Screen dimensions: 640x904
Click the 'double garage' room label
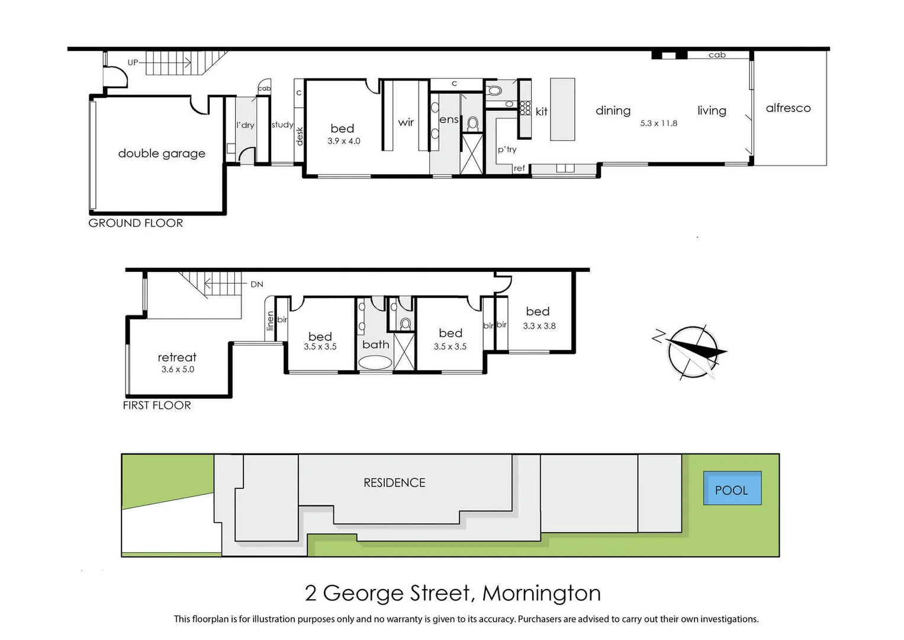pos(162,153)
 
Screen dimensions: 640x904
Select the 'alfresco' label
pos(788,108)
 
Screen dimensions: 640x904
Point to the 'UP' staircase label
pos(133,62)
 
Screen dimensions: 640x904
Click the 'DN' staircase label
pos(256,284)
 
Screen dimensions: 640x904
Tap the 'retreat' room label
pos(177,357)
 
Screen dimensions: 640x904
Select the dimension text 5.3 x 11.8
pos(658,123)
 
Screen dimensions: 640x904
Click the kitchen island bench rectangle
pos(562,110)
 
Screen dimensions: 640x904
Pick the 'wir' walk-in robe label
pos(406,123)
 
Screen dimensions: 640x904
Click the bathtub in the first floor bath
pos(375,362)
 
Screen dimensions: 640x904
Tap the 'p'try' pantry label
pos(507,149)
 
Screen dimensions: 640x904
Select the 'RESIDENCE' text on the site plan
pos(394,483)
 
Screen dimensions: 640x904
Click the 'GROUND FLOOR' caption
pos(136,223)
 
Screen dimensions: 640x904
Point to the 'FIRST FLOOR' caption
pos(157,406)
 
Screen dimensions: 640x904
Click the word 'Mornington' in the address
pos(541,593)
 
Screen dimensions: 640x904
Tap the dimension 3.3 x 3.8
pos(539,326)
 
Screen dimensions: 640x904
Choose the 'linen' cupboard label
pos(271,321)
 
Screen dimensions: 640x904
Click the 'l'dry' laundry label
pos(245,125)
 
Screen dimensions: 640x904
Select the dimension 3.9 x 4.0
pos(343,141)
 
